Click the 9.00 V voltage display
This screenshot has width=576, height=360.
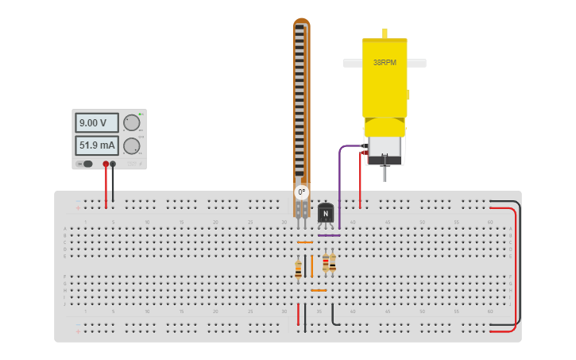(x=96, y=122)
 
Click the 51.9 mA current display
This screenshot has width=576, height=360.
(x=96, y=145)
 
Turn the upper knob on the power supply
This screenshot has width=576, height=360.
(x=131, y=122)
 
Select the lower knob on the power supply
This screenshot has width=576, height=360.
(x=131, y=145)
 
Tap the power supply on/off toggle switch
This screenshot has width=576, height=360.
(x=86, y=164)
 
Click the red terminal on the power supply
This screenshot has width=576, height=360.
(x=106, y=165)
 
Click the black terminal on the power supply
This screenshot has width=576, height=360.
(x=113, y=165)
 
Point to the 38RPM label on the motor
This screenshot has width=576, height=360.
(x=385, y=62)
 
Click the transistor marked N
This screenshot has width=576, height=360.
(x=325, y=213)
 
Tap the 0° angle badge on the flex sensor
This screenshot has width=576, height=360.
(x=301, y=192)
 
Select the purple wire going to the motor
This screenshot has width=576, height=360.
(x=340, y=183)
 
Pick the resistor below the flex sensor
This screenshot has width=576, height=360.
(x=298, y=269)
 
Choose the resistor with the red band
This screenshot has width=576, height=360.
(x=325, y=263)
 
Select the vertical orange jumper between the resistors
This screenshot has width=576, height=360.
(x=311, y=266)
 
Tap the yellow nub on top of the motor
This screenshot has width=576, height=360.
(x=385, y=33)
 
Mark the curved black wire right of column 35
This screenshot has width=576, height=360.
(x=334, y=316)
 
